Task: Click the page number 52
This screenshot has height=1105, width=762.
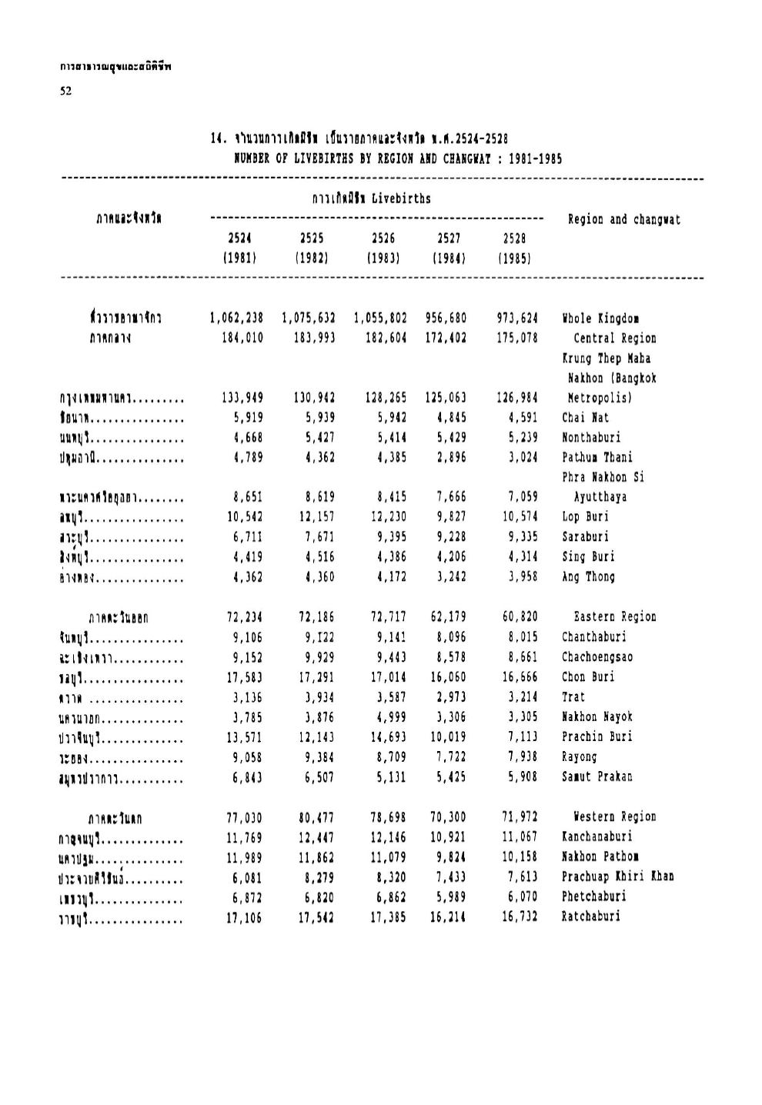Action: coord(65,91)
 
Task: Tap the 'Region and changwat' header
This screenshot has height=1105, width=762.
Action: coord(623,220)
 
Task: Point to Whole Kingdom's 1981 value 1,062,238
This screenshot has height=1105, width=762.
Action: coord(236,318)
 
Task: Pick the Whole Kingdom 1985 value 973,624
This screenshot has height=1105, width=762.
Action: coord(517,318)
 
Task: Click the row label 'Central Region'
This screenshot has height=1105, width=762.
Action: coord(614,338)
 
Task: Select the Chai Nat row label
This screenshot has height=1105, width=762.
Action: coord(585,418)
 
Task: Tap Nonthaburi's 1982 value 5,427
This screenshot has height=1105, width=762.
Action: coord(316,438)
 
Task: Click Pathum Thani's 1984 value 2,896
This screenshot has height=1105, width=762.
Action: coord(448,458)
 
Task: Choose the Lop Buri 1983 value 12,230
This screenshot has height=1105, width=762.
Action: coord(386,516)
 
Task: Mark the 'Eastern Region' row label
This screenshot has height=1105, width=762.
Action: coord(615,616)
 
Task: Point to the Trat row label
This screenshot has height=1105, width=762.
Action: coord(573,696)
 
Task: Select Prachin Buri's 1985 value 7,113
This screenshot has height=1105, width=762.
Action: coord(520,736)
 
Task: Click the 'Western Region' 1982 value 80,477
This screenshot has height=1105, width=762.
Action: coord(316,816)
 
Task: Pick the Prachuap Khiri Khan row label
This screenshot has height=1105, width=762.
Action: coord(617,876)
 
